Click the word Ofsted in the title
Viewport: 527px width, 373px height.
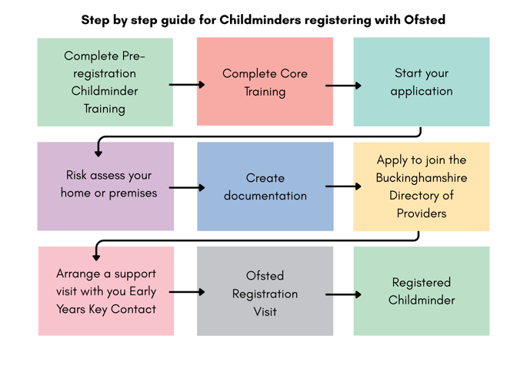point(425,19)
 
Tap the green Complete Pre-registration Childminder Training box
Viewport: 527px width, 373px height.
point(105,82)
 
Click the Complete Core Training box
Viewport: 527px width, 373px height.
point(265,82)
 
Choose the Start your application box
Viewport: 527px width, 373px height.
point(421,82)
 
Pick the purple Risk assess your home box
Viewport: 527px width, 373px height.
point(105,186)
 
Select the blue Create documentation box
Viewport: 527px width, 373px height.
point(265,186)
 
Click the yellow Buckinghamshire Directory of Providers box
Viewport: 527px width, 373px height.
point(421,186)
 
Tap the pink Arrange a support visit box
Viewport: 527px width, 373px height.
point(105,291)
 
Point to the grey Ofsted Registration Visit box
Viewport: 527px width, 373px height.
point(265,291)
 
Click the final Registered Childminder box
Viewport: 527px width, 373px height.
point(421,291)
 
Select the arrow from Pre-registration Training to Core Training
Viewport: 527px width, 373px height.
point(186,84)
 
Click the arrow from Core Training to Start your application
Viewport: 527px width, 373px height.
point(343,85)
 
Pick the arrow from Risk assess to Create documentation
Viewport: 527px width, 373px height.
point(186,187)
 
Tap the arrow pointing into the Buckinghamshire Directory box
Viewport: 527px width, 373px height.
point(343,186)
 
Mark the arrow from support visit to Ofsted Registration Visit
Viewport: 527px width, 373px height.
point(186,292)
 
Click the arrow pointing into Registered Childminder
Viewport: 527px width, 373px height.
point(343,294)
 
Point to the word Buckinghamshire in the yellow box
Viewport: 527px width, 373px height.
point(421,178)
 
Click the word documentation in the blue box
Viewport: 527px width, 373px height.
point(265,196)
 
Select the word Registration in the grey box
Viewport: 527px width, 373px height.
point(265,294)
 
